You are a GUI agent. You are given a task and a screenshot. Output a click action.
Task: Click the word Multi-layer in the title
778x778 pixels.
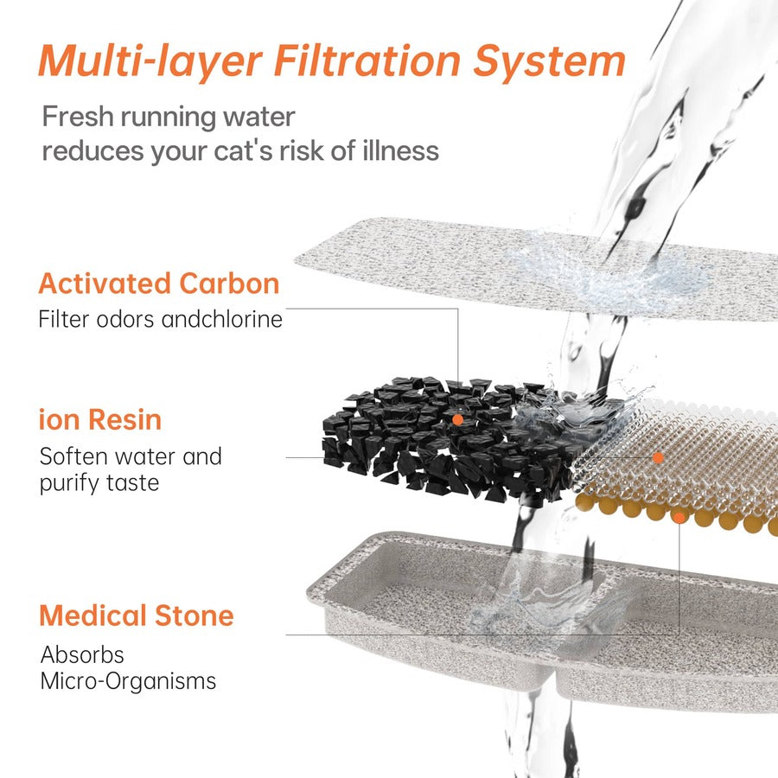[x=150, y=61]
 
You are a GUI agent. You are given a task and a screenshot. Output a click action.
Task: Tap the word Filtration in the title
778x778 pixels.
[x=367, y=61]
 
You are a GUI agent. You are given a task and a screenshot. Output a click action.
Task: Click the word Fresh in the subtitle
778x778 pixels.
[x=78, y=117]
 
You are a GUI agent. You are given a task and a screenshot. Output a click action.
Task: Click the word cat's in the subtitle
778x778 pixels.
[x=243, y=150]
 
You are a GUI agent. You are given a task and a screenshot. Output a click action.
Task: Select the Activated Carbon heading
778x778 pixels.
[x=159, y=284]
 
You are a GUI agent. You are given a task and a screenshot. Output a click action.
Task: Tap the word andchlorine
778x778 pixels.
[x=222, y=319]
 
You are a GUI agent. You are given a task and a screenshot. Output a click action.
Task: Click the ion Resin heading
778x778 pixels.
[x=100, y=420]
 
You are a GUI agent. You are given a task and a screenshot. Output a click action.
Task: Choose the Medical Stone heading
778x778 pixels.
[x=137, y=615]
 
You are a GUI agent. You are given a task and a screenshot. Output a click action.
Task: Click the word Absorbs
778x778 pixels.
[x=82, y=654]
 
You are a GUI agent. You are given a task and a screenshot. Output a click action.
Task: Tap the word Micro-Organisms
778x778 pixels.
[x=129, y=681]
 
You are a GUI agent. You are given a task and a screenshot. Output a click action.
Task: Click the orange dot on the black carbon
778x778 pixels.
[x=457, y=420]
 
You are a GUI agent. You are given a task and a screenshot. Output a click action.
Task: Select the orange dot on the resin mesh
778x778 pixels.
[x=658, y=457]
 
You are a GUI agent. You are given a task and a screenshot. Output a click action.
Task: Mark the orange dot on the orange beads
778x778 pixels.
[x=679, y=518]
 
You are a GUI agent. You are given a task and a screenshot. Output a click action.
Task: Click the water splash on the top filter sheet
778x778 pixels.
[x=610, y=273]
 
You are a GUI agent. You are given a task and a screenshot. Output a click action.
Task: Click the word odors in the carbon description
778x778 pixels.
[x=125, y=319]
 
